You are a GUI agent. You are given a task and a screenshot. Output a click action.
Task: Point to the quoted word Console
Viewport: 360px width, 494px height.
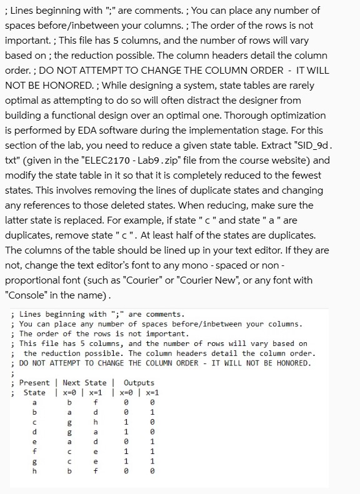27,295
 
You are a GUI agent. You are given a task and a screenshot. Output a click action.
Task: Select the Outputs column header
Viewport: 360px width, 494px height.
139,382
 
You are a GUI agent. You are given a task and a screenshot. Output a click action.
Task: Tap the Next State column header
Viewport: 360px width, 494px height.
84,382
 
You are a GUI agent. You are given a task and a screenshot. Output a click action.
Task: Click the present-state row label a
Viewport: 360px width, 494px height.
34,403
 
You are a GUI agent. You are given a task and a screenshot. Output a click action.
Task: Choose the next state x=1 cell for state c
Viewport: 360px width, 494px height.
96,423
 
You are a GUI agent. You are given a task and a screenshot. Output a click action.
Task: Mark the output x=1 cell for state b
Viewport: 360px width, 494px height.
152,413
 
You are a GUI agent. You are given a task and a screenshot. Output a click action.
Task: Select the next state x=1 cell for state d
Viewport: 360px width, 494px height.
96,433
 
